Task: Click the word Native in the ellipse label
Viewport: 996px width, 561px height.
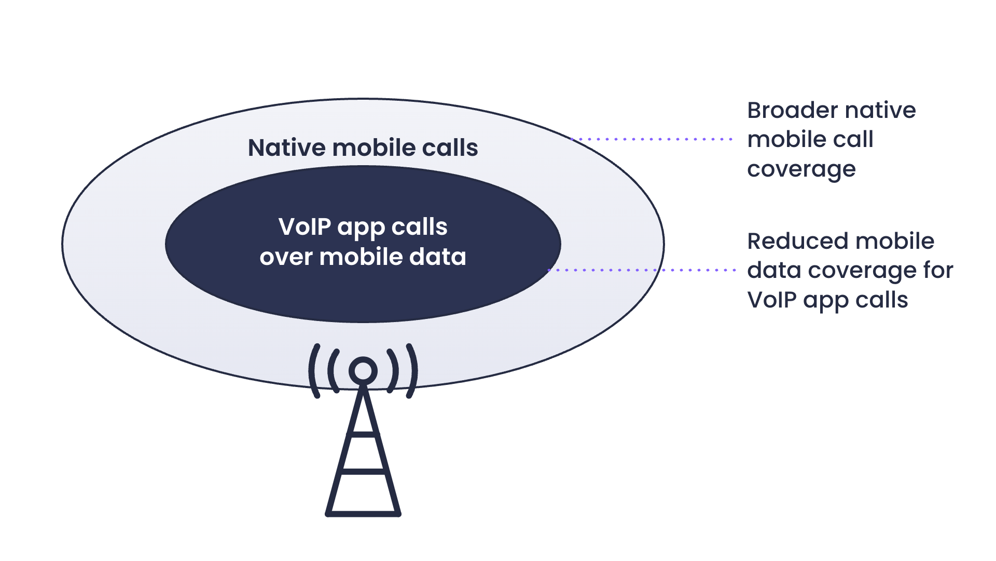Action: (x=287, y=148)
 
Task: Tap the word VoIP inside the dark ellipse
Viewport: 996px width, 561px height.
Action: (x=305, y=226)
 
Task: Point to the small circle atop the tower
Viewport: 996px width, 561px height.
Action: (x=363, y=371)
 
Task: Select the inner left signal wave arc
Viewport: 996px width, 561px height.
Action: (x=333, y=371)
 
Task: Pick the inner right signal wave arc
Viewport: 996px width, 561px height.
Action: (x=393, y=371)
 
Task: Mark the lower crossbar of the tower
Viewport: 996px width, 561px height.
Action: (x=363, y=471)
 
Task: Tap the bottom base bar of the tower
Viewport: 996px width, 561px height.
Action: (x=363, y=514)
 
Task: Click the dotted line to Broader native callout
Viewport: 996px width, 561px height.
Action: (x=651, y=139)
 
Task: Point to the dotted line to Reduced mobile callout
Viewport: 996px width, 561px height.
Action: (x=642, y=270)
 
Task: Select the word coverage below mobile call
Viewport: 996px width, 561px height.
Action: (x=801, y=169)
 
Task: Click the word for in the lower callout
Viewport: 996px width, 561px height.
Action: (x=938, y=270)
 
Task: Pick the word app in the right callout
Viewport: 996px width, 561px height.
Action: (x=826, y=301)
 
